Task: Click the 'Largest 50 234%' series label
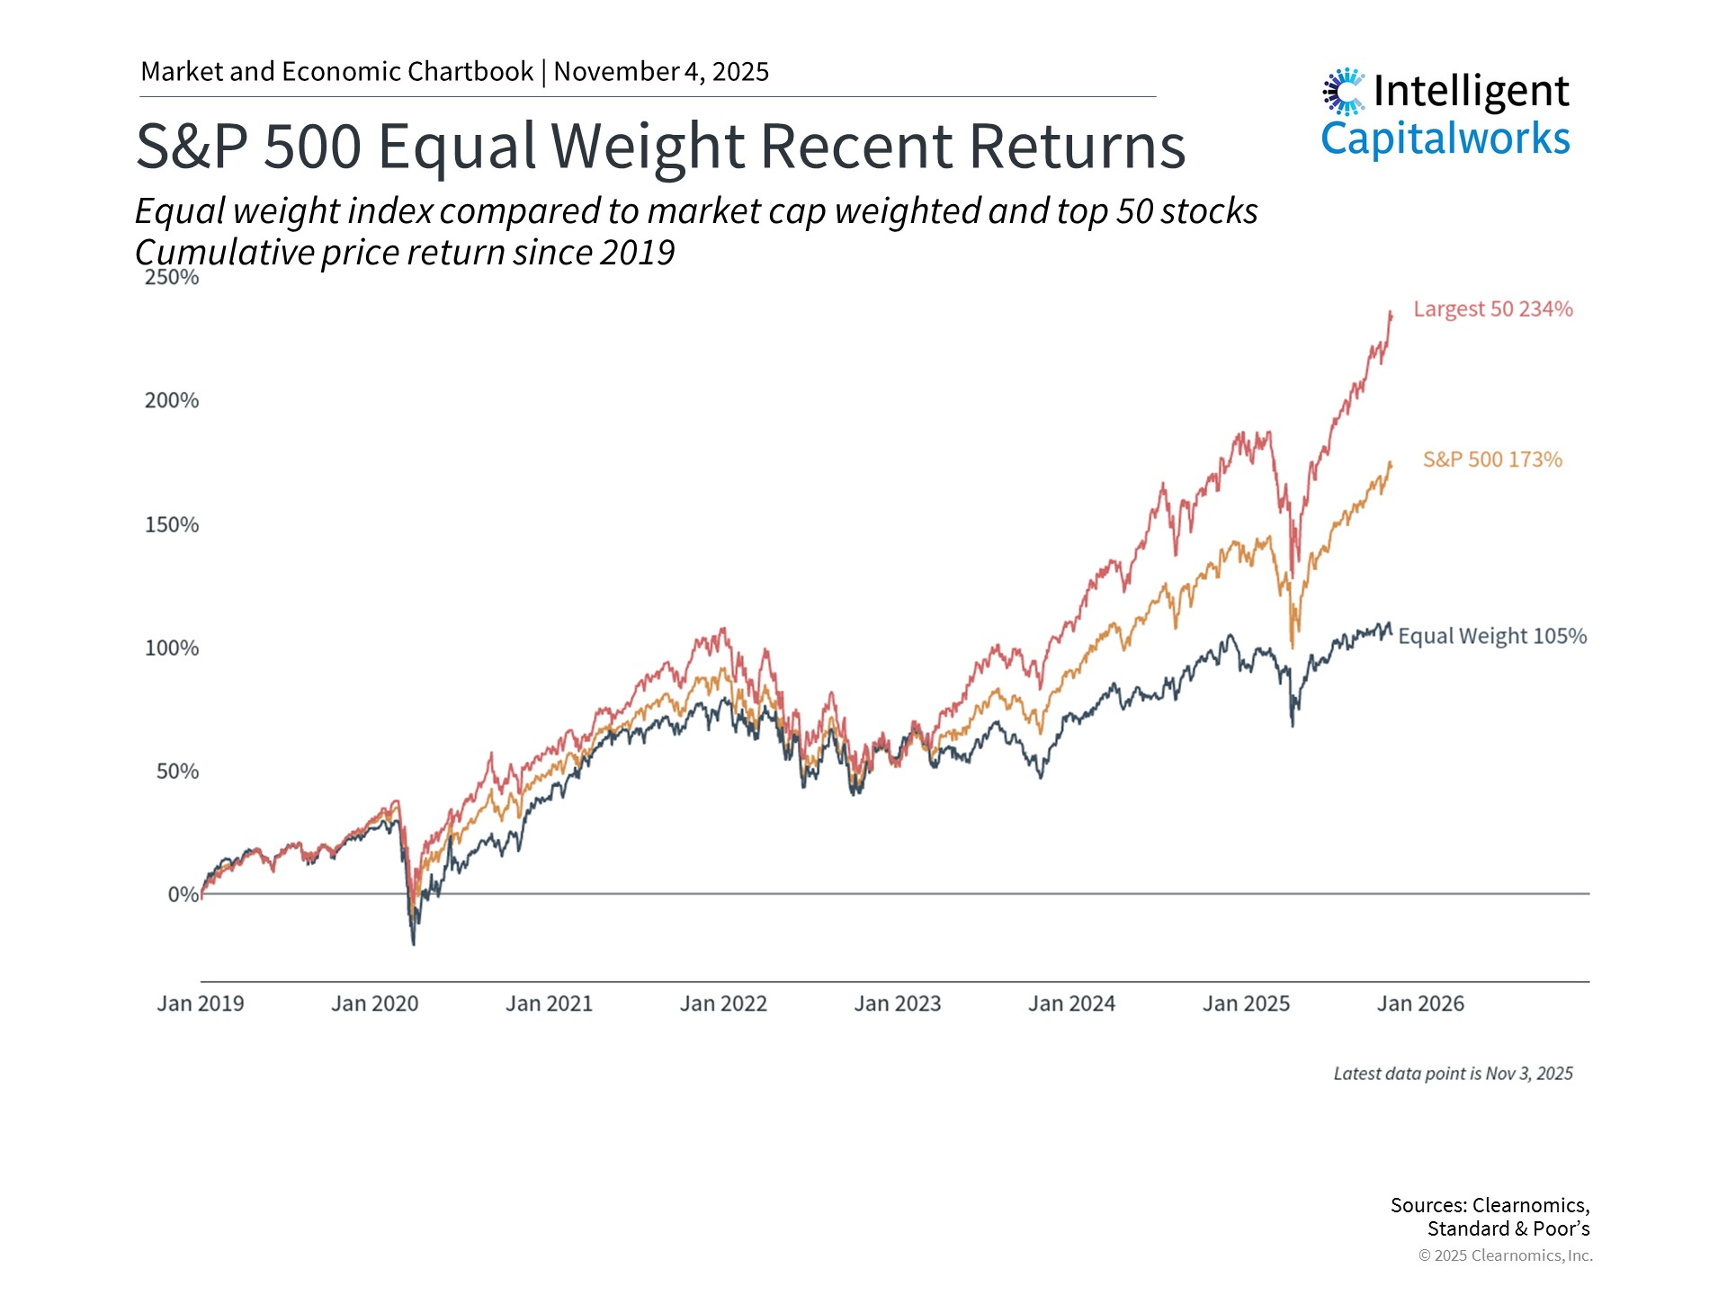tap(1492, 309)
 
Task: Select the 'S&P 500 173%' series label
tap(1492, 460)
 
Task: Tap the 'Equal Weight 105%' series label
tap(1492, 636)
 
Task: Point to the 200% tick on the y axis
tap(172, 400)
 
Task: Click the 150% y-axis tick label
tap(172, 524)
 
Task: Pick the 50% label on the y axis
tap(177, 771)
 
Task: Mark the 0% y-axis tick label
tap(183, 894)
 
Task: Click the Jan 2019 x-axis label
tap(201, 1004)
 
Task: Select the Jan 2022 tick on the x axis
tap(723, 1004)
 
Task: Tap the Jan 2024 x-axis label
tap(1071, 1004)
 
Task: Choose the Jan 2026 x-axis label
tap(1420, 1004)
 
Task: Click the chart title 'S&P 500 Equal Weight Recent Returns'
tap(660, 146)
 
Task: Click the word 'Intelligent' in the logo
tap(1471, 91)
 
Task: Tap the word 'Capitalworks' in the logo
tap(1445, 138)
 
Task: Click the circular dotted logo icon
tap(1344, 91)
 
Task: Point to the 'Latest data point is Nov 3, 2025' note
tap(1453, 1074)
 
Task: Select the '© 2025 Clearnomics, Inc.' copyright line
tap(1505, 1255)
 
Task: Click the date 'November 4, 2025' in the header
tap(661, 72)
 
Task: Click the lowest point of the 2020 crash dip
tap(414, 943)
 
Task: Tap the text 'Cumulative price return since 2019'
tap(405, 253)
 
